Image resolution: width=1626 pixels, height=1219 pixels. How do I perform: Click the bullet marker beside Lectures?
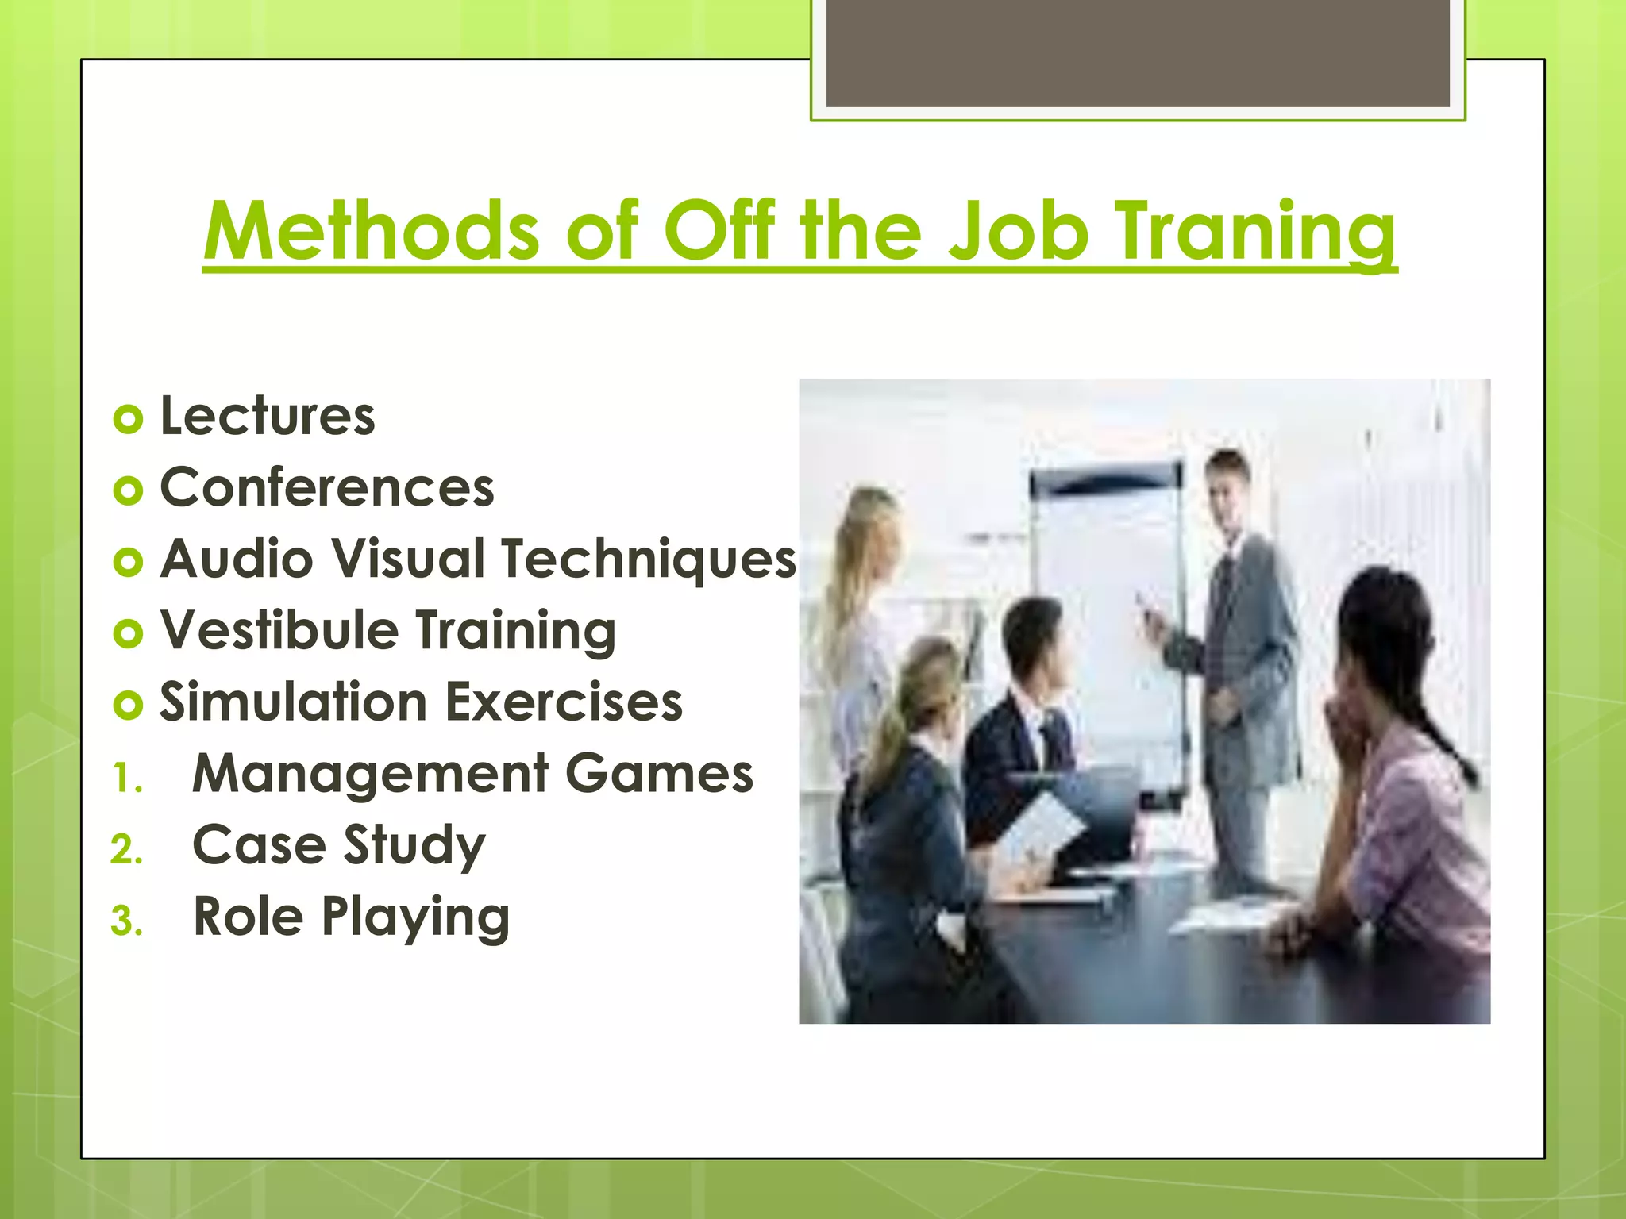click(x=128, y=418)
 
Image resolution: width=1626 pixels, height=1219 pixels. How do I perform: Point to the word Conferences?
click(x=326, y=487)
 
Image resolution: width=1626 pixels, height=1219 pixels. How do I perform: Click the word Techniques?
click(x=648, y=559)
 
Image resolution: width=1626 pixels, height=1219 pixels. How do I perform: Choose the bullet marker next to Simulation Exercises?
click(x=128, y=704)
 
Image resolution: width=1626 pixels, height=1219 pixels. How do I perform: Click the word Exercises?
click(x=563, y=702)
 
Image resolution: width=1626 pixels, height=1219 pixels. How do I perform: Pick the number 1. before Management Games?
click(x=126, y=778)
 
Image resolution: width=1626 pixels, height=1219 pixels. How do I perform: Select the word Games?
click(x=659, y=774)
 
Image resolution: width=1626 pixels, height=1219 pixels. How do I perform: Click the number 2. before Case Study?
click(x=126, y=850)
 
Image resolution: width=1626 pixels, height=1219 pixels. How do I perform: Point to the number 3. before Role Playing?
click(x=126, y=921)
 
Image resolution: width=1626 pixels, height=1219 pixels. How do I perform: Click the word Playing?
click(x=415, y=917)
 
